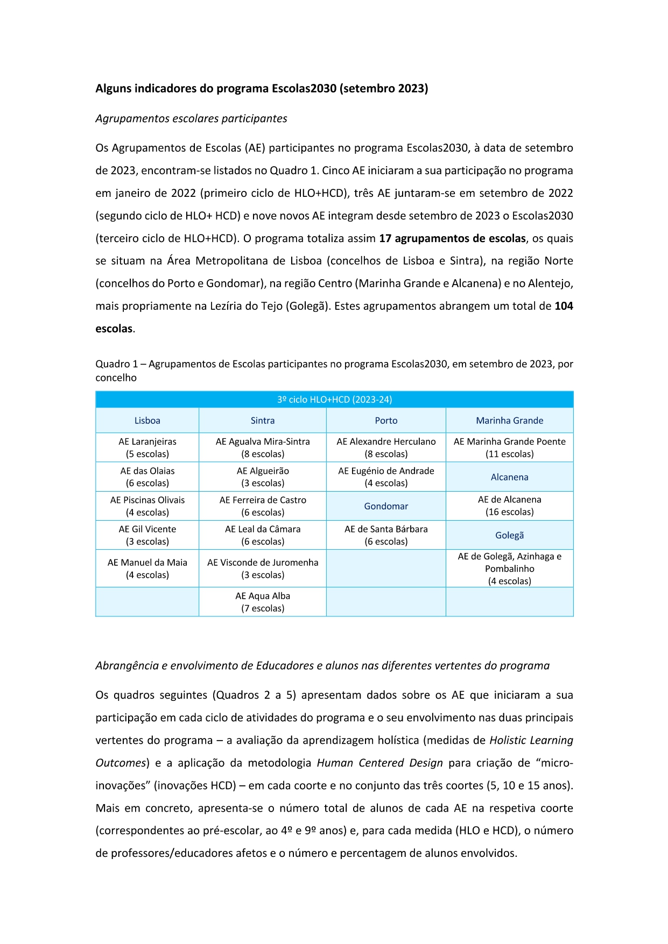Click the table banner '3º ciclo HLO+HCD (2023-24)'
coord(334,400)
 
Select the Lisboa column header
coord(147,421)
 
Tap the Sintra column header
coord(263,421)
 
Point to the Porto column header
coord(386,421)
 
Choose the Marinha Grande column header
coord(509,421)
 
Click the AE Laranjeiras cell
coord(147,448)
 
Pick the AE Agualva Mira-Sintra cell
coord(263,448)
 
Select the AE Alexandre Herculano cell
coord(386,448)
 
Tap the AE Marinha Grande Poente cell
coord(509,448)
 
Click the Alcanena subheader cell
coord(509,477)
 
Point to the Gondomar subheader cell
coord(386,506)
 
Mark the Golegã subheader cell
coord(509,535)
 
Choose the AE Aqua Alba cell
coord(263,602)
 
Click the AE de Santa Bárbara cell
coord(386,535)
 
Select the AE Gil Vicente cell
coord(147,535)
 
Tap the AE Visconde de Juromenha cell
coord(263,569)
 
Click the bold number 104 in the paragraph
coord(564,306)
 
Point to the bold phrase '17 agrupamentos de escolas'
coord(452,238)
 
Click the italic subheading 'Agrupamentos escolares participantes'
coord(191,118)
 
